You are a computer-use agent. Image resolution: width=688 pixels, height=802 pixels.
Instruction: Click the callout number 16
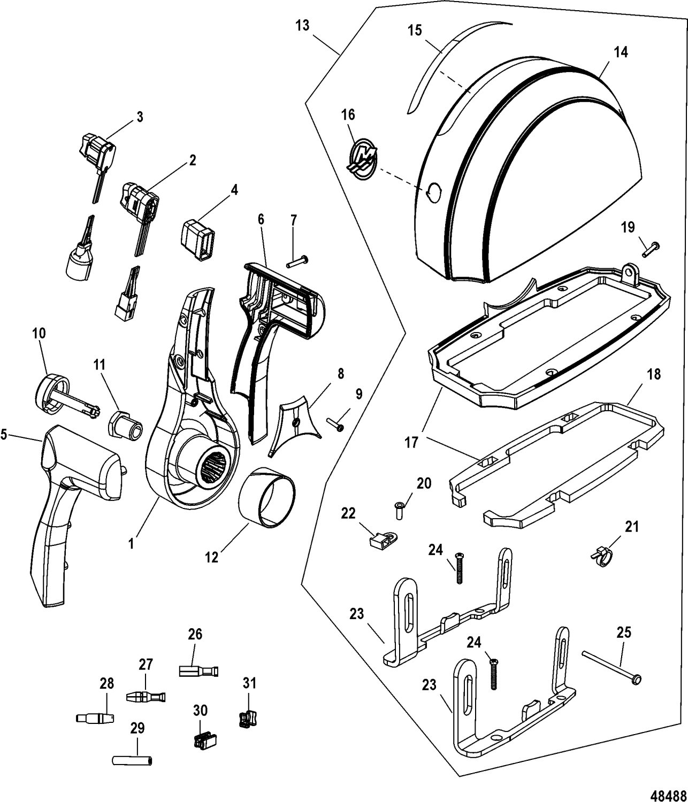tap(348, 115)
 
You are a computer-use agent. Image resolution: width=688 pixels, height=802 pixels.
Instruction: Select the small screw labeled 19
tap(649, 248)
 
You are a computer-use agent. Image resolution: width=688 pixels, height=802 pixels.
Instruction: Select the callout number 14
tap(621, 52)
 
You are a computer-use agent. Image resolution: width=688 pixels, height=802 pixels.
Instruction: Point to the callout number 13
tap(303, 25)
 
